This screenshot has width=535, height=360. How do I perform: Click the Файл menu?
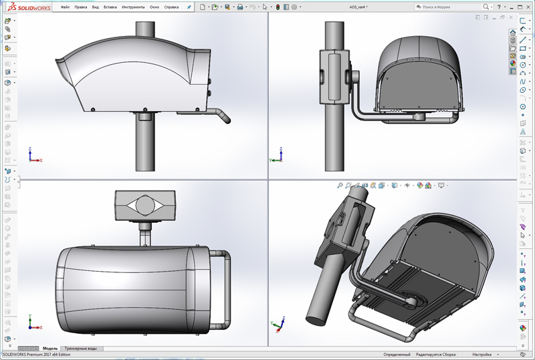(65, 7)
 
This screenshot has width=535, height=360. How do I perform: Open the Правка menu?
(81, 7)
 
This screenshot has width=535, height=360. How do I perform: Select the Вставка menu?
(110, 7)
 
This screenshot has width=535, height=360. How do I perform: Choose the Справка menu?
(171, 7)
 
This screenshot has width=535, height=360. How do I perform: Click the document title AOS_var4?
(358, 7)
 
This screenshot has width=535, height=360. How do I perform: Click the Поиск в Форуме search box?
(445, 7)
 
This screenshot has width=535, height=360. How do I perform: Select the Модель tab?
(50, 349)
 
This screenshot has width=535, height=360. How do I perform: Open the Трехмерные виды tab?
(82, 349)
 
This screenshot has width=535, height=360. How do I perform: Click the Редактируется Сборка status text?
(435, 355)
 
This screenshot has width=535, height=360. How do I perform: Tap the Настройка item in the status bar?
(482, 355)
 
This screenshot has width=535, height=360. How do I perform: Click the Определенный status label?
(397, 355)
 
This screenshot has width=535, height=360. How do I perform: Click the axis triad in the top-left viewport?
(33, 157)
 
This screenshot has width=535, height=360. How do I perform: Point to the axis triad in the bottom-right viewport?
(276, 326)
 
